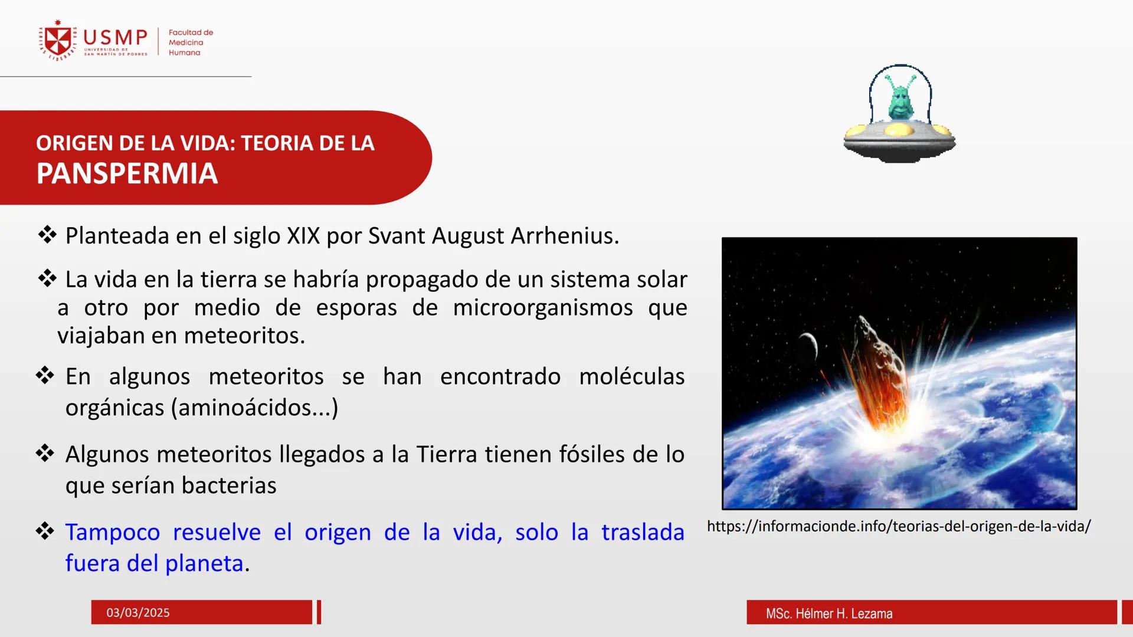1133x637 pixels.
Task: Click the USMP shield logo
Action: [58, 41]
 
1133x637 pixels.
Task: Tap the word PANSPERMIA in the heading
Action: [127, 174]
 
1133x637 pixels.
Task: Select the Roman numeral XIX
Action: [303, 236]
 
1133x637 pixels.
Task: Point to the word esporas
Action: [356, 308]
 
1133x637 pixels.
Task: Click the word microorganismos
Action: [543, 308]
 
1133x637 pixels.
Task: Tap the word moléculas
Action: [631, 376]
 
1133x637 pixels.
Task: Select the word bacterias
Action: [229, 485]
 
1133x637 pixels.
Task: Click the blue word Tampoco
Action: [112, 532]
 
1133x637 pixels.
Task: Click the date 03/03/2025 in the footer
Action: [138, 613]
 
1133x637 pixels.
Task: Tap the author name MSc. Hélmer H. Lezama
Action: [829, 613]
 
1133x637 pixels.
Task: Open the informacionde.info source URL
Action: [899, 526]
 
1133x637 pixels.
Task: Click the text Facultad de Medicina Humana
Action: [190, 42]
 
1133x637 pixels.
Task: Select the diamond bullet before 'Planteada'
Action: [47, 235]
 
